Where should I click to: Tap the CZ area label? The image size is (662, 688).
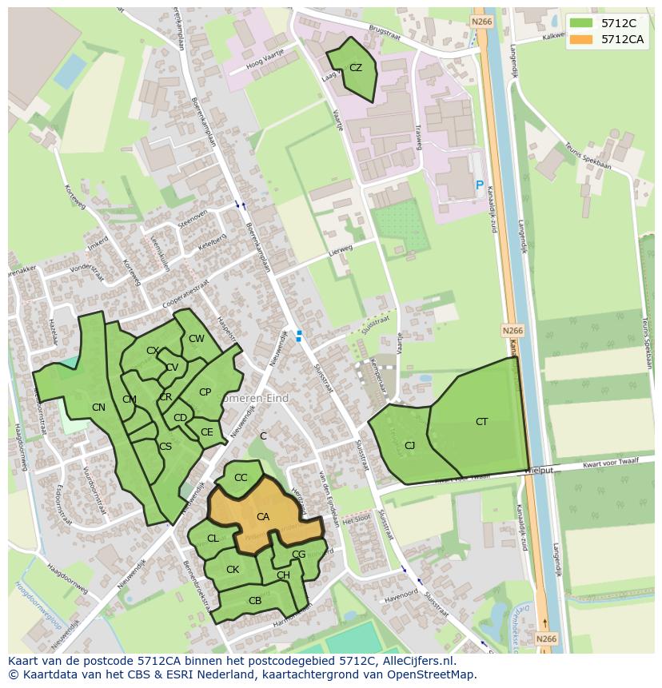pos(356,68)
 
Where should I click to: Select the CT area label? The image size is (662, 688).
pos(481,422)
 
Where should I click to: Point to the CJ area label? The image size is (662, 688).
pos(409,446)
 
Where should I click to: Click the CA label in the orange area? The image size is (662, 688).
pos(263,517)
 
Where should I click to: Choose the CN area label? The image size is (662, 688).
pos(98,408)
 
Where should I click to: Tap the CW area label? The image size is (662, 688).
pos(196,339)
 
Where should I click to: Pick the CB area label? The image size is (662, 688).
pos(255,601)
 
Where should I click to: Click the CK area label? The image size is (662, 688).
pos(233,570)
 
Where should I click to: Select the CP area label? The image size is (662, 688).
pos(205,392)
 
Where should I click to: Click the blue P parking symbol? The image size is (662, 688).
pos(480,185)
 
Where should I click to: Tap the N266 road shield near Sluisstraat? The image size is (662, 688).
pos(512,330)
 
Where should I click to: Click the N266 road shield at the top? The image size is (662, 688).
pos(481,22)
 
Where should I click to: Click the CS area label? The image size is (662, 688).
pos(165,447)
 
